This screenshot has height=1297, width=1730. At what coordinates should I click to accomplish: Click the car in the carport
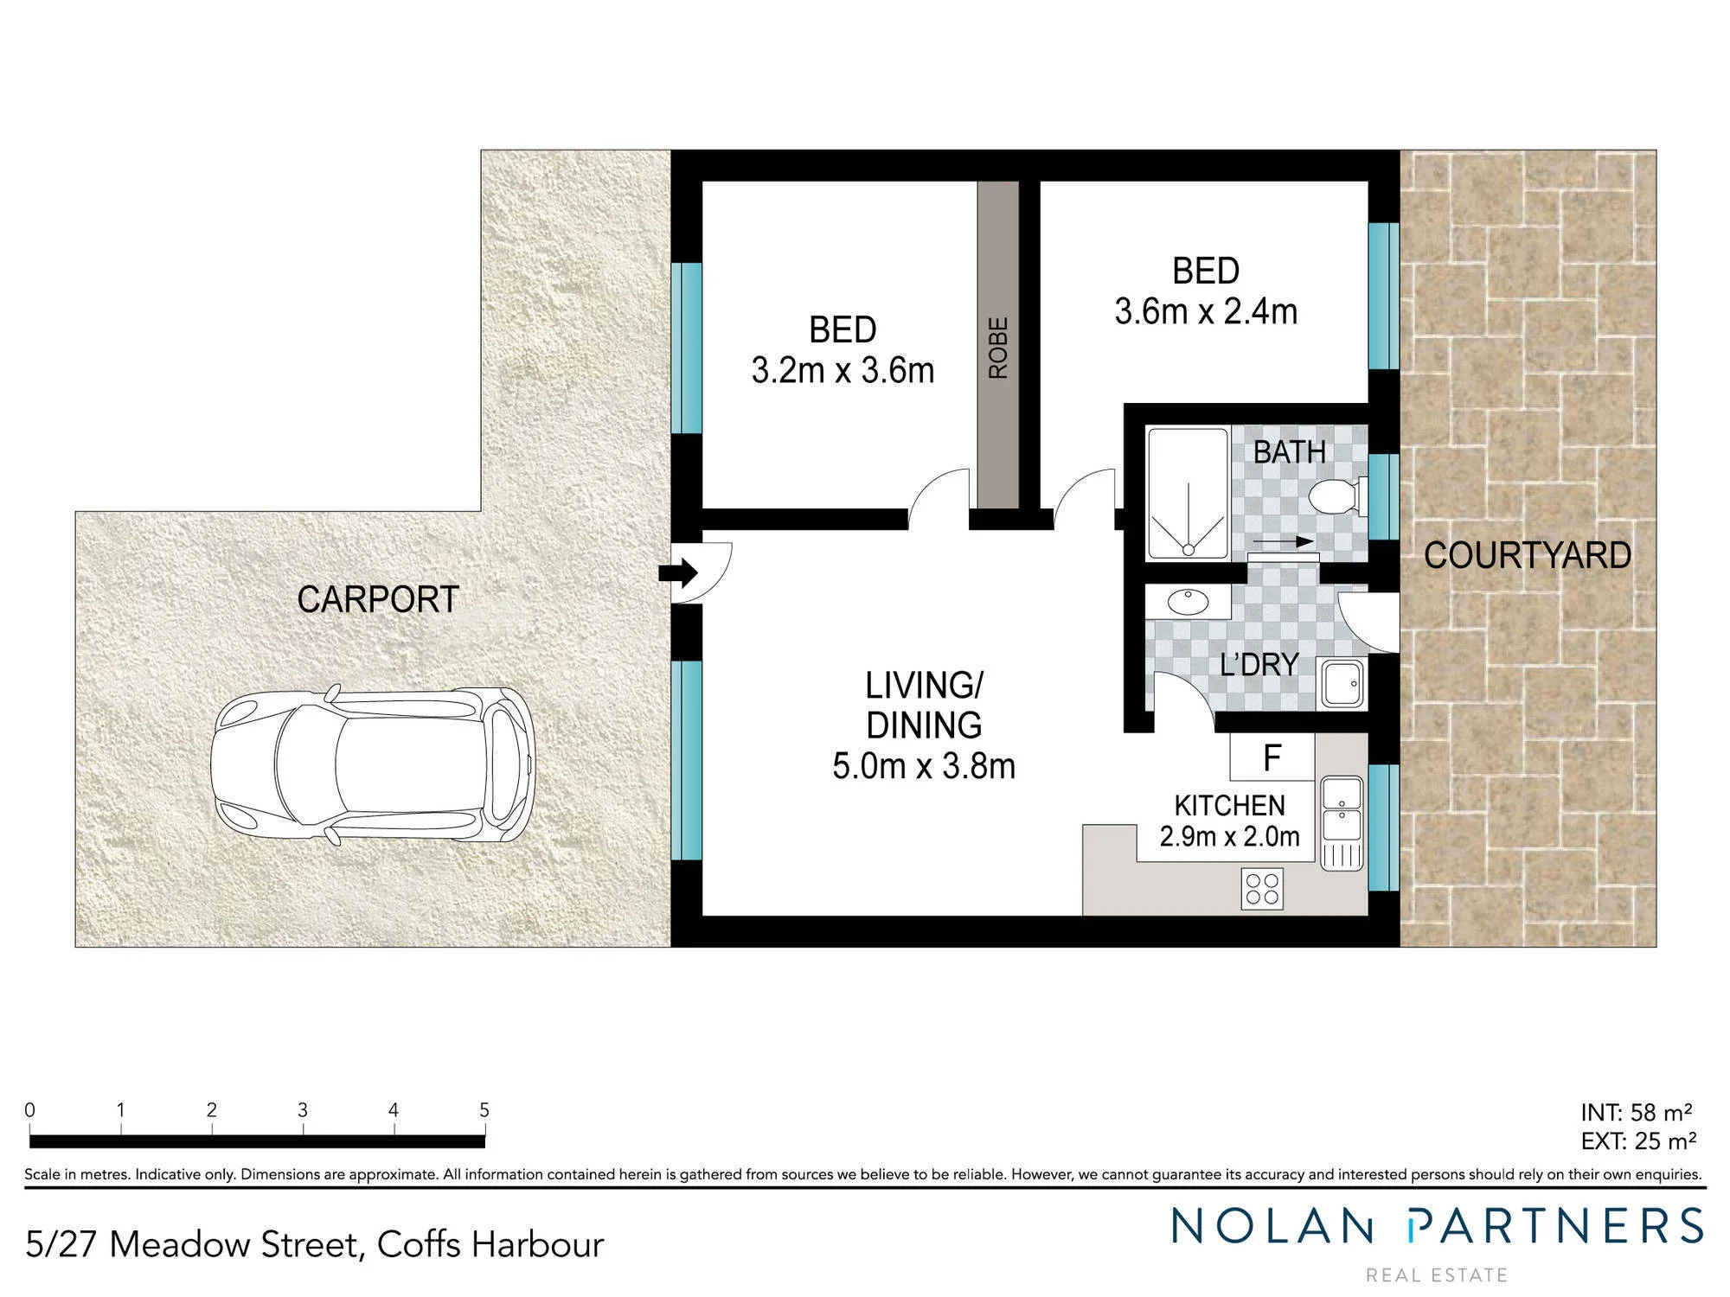374,765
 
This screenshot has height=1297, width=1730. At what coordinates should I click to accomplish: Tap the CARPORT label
378,599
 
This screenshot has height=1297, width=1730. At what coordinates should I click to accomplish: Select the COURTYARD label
1528,555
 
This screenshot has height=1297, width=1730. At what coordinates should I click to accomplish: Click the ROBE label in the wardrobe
998,348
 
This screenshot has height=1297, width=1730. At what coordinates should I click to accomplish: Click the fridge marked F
1272,757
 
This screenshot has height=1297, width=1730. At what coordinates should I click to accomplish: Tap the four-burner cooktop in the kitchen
1262,889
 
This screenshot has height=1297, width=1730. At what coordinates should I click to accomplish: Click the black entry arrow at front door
678,572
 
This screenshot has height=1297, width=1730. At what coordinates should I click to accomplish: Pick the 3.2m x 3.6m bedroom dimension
843,370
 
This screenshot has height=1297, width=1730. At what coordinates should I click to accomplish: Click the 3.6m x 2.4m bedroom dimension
1206,311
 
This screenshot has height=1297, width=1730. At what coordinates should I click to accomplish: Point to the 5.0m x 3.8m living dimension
924,766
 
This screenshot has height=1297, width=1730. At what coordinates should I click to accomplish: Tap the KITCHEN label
1229,806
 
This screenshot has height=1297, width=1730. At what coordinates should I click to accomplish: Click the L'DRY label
1259,664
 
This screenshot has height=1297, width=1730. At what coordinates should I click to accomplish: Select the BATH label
1290,451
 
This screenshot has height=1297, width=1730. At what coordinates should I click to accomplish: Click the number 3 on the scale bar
303,1110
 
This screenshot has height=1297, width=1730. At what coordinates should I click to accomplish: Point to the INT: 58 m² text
1636,1112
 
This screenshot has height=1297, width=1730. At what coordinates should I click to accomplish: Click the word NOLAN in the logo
1272,1226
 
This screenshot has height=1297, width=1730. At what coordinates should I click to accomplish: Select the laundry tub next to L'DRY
1342,684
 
